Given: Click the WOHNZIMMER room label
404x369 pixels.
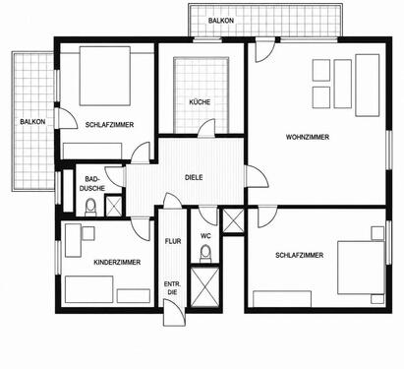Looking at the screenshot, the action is point(308,137).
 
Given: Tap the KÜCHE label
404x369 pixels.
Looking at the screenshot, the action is point(200,102).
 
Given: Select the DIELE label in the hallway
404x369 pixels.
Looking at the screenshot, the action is point(194,177).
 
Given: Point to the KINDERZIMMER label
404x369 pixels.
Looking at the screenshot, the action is point(117,263).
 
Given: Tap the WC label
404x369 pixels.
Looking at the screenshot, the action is point(205,236).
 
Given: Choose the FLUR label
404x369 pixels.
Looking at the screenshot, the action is point(173,241).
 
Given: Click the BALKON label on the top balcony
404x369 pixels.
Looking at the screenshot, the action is point(221,21).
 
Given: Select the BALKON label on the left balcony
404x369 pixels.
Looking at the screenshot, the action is point(32,122).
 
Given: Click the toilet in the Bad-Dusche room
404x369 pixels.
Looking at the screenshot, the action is point(90,208).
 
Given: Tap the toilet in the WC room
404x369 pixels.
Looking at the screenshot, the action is point(205,254).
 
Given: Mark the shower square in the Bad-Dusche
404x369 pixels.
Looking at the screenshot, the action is point(114,206).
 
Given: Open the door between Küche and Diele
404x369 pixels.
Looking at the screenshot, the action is point(206,129).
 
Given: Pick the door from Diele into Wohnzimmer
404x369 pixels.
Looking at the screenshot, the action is point(258,176).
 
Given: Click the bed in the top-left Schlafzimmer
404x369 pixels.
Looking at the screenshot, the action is point(105,76).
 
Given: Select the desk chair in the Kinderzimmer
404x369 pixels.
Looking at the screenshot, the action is point(88,233).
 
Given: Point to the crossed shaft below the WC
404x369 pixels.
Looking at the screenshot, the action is point(204,287).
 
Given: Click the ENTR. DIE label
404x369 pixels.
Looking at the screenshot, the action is point(172,288).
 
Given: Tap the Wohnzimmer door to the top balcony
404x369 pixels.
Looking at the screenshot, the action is point(265,50).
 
